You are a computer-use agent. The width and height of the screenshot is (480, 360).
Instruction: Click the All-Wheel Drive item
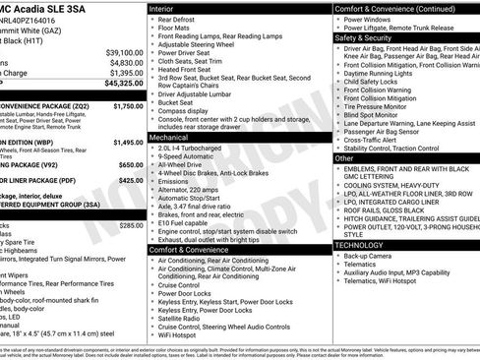click(183, 164)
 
